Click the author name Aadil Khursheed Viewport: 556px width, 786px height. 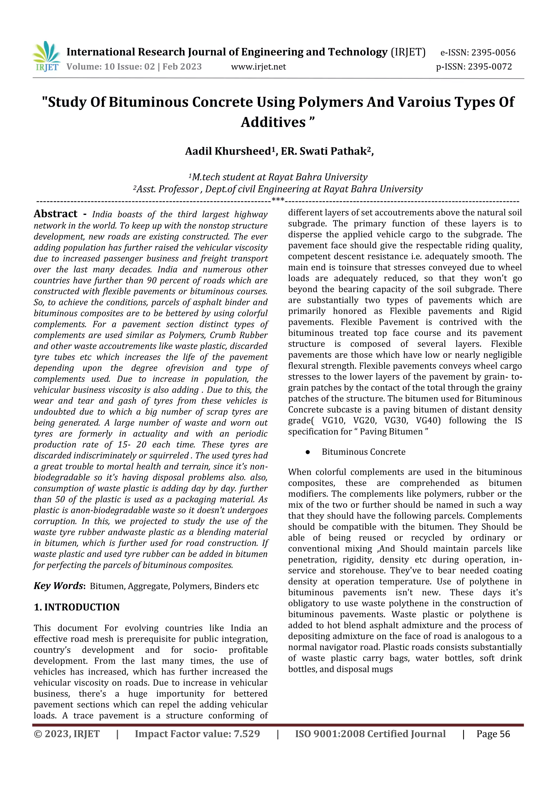228,151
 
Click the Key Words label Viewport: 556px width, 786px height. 59,586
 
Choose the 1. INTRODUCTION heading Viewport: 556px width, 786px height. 77,607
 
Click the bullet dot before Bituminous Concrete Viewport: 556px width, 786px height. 308,452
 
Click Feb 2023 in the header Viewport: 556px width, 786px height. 182,67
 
